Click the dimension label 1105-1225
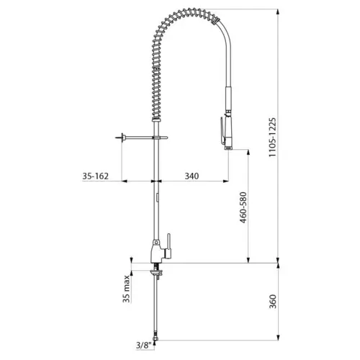click(x=272, y=138)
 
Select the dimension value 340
click(x=192, y=176)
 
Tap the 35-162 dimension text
click(x=96, y=176)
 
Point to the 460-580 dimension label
click(x=243, y=207)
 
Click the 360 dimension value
click(x=273, y=302)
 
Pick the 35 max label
click(x=126, y=289)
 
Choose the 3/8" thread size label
click(x=144, y=346)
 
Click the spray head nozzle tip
click(x=228, y=147)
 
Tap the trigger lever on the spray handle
click(x=222, y=131)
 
